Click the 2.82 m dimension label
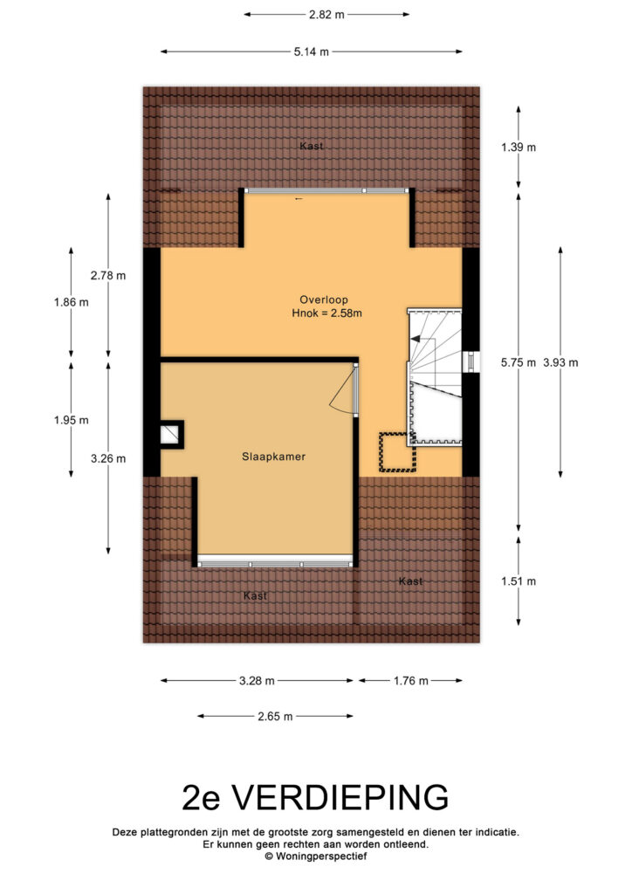326,15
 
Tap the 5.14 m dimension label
311,52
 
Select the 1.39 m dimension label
519,147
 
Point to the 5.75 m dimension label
519,362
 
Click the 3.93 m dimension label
560,362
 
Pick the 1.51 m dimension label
519,581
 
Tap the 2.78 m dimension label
108,276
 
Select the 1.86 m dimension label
72,303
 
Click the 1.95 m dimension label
72,421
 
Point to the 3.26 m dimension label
108,459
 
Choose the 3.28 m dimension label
257,681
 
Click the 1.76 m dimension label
411,681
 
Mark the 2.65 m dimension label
275,717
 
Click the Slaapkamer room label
273,457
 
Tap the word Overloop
324,300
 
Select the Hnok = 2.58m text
326,313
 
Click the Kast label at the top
311,147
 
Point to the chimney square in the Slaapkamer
171,435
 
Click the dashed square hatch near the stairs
398,453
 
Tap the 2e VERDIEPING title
315,798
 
